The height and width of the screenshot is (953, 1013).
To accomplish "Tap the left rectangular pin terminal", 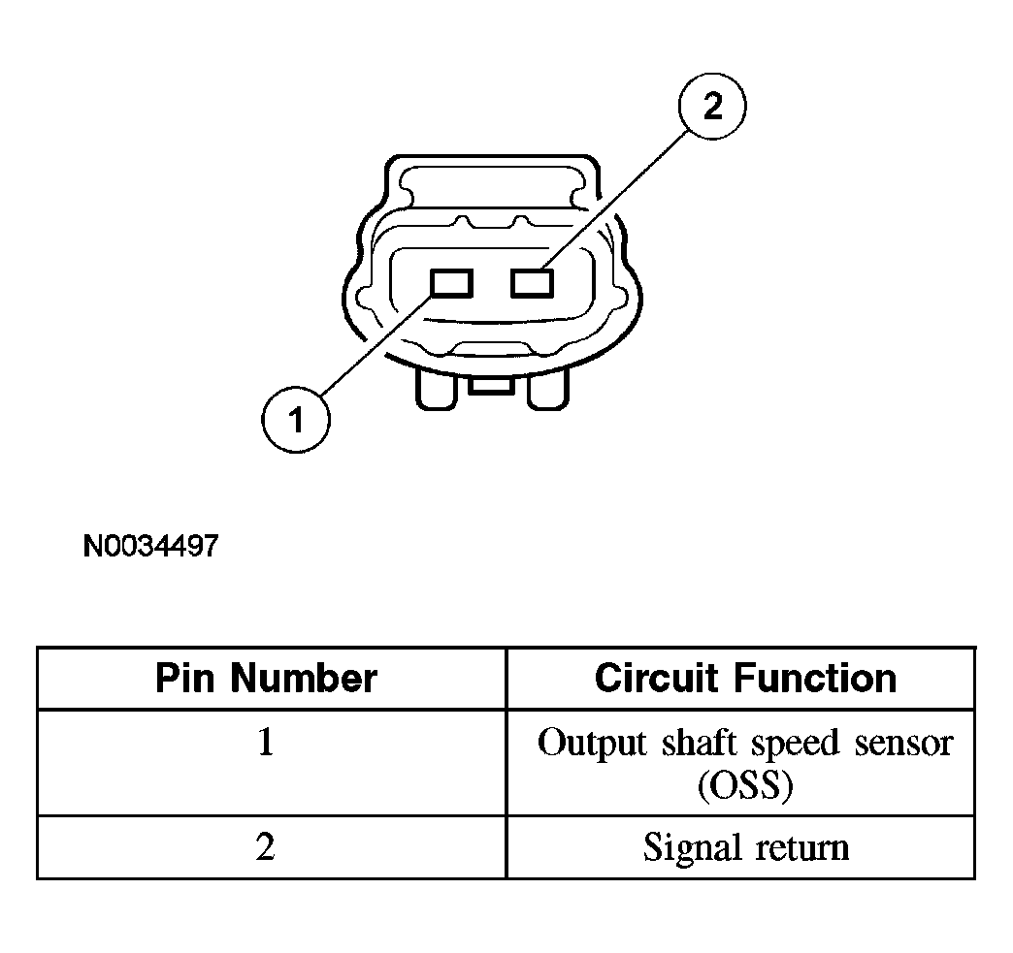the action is tap(451, 283).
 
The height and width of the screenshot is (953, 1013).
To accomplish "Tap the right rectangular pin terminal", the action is tap(533, 283).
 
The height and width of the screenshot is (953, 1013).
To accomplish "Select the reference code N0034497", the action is tap(151, 546).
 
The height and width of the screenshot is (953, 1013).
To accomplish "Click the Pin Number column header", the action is tap(266, 678).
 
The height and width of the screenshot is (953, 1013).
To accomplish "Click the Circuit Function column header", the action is tap(745, 678).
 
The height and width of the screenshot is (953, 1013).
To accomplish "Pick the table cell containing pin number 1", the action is tap(272, 763).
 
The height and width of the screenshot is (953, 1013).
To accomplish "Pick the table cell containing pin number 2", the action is tap(272, 847).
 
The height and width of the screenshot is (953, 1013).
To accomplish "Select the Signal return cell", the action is tap(741, 847).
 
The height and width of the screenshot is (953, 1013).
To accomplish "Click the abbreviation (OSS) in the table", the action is tap(745, 786).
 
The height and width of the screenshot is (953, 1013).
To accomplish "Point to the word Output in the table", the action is tap(593, 744).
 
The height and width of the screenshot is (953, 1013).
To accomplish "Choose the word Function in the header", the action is tap(816, 678).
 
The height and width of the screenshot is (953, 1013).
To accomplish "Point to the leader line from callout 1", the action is tap(376, 345).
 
